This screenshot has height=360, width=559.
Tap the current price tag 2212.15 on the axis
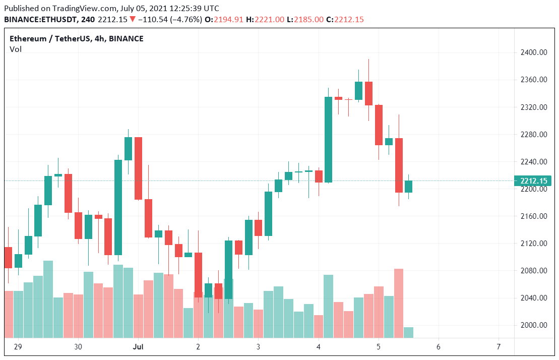tap(533, 181)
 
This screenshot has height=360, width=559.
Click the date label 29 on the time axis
tap(18, 347)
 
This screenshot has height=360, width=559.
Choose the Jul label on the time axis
tap(138, 347)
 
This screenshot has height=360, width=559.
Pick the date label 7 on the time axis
tap(499, 347)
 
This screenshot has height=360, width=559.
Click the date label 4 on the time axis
tap(319, 347)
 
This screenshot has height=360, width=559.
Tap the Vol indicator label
tap(16, 49)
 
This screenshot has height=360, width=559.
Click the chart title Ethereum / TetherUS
tap(50, 39)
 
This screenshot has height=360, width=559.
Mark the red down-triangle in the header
tap(133, 20)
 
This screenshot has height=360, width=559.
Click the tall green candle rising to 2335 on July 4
tap(329, 139)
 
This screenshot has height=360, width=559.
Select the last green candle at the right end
tap(409, 187)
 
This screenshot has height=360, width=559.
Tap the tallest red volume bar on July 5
tap(399, 303)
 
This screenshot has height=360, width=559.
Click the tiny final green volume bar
tap(409, 332)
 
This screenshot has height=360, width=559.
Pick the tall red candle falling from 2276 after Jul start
tap(138, 168)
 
